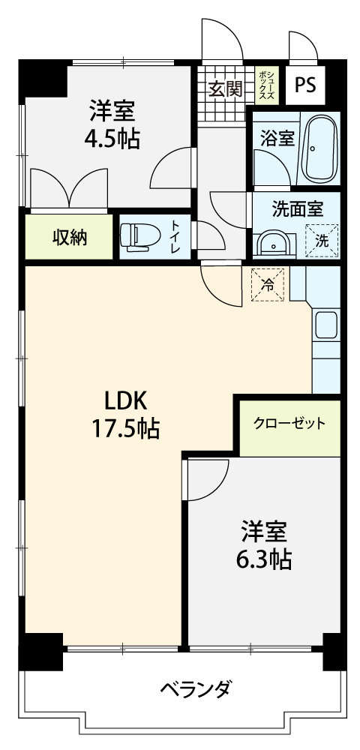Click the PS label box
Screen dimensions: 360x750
click(305, 85)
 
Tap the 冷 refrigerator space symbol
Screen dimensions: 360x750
click(268, 285)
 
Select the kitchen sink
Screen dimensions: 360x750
click(326, 326)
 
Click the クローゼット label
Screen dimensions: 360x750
click(289, 424)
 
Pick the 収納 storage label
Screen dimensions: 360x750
click(70, 237)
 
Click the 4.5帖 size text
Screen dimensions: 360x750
click(112, 139)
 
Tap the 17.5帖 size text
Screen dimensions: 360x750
click(126, 428)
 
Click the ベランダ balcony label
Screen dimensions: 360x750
click(196, 689)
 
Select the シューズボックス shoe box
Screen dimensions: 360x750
click(267, 85)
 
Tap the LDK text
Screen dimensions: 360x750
click(125, 401)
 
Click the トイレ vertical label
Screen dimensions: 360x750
click(176, 237)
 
